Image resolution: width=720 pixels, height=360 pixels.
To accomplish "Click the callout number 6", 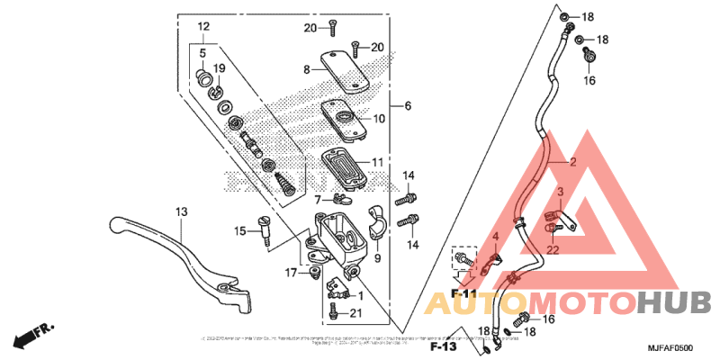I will pyautogui.click(x=408, y=106).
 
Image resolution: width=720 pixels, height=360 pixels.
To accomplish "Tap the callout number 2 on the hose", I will pyautogui.click(x=571, y=163).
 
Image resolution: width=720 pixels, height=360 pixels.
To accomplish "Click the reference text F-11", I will pyautogui.click(x=464, y=294).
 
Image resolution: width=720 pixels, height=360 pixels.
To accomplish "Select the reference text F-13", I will pyautogui.click(x=445, y=346).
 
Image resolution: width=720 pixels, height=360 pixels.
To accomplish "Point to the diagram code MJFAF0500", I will pyautogui.click(x=670, y=347).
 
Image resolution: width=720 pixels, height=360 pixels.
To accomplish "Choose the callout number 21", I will pyautogui.click(x=355, y=312).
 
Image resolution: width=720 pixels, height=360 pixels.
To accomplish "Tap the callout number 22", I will pyautogui.click(x=553, y=249).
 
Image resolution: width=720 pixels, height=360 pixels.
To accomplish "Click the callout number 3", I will pyautogui.click(x=559, y=193).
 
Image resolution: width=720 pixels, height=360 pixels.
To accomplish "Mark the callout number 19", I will pyautogui.click(x=219, y=68).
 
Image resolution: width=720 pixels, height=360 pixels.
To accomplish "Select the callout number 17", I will pyautogui.click(x=292, y=272).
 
